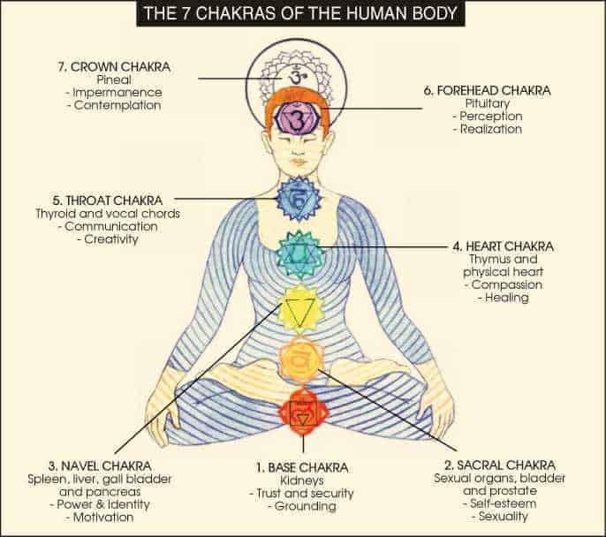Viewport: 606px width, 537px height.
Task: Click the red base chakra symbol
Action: click(303, 412)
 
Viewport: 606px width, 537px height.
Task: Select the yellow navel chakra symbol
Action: click(300, 308)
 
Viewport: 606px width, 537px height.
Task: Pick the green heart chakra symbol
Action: click(299, 254)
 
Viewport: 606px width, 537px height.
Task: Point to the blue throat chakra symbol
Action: click(299, 199)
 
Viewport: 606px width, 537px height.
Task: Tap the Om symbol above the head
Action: click(295, 76)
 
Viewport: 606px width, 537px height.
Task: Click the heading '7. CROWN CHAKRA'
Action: click(114, 67)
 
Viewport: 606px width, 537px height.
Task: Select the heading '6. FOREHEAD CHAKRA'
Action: click(488, 91)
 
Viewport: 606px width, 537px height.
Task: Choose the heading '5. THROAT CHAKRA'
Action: click(108, 200)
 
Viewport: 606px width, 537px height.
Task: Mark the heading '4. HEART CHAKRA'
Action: click(504, 246)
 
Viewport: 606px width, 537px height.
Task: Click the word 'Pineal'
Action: click(114, 79)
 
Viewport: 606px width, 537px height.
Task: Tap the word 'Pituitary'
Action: click(488, 103)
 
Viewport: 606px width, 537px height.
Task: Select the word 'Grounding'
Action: click(305, 506)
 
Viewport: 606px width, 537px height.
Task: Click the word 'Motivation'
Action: click(103, 517)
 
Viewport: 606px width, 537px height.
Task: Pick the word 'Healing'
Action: click(507, 298)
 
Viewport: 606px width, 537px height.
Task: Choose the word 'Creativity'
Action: click(111, 239)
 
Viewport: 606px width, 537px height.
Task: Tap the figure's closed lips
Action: click(298, 161)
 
